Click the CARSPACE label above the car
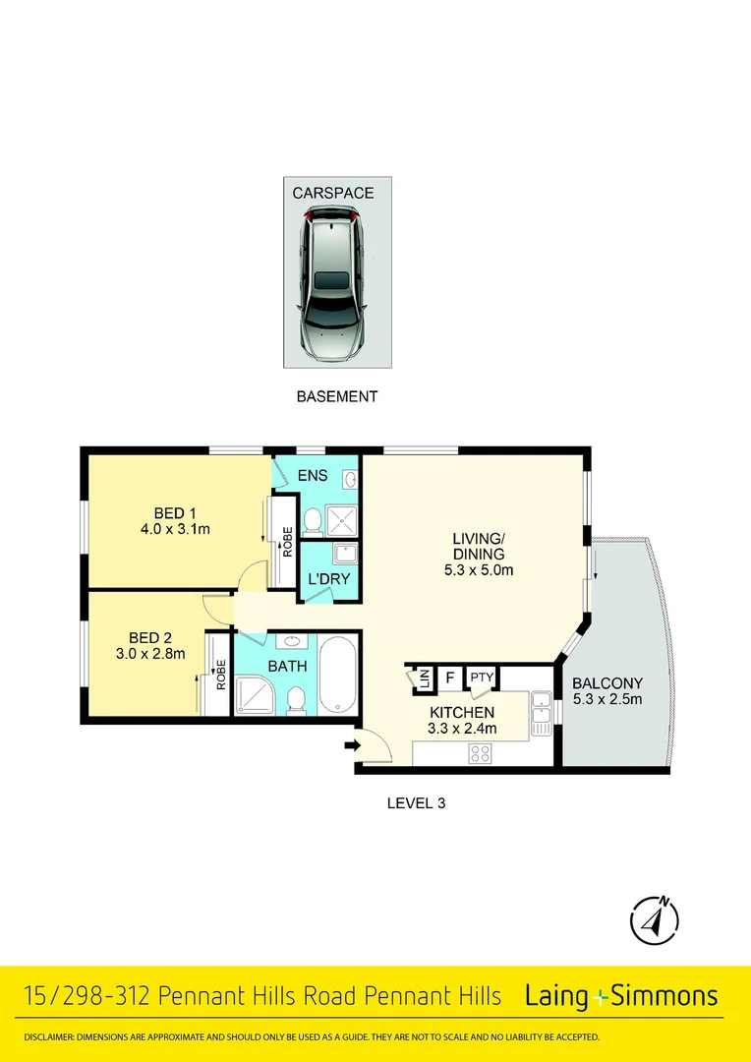coord(332,193)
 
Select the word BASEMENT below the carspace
coord(337,397)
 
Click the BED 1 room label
coord(176,512)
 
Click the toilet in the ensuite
coord(313,518)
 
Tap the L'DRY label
coord(329,579)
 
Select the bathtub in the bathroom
coord(338,677)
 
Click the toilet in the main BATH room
coord(295,699)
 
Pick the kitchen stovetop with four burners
coord(481,753)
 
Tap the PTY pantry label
coord(482,678)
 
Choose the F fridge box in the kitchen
coord(450,678)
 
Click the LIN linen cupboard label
coord(423,678)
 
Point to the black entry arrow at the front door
coord(350,746)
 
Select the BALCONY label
coord(607,682)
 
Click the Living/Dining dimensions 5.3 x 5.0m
coord(479,569)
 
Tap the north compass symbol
coord(654,921)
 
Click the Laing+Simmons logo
coord(621,996)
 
